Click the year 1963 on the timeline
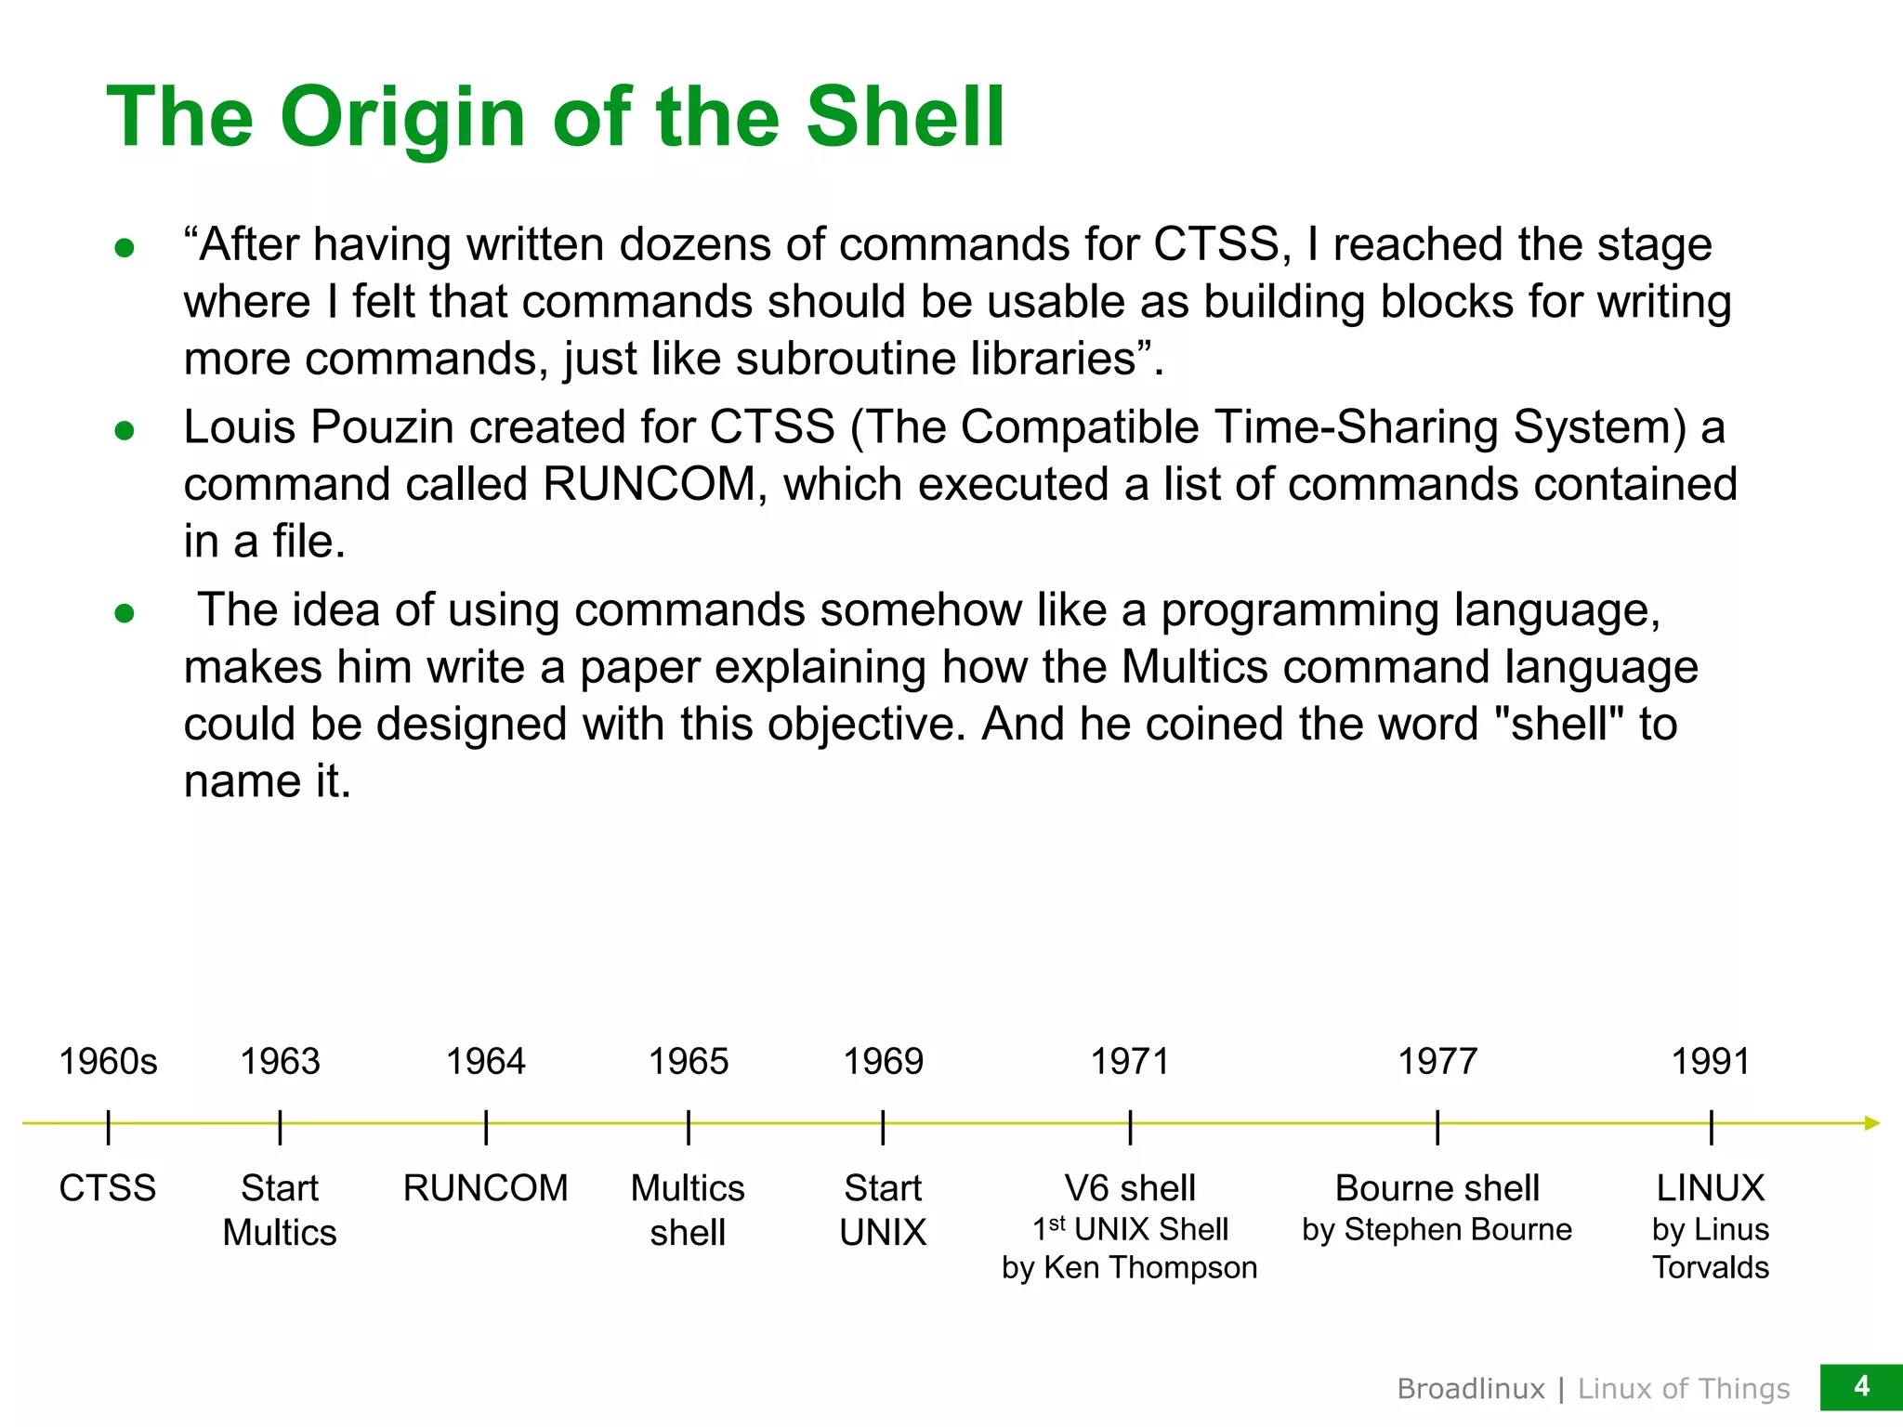point(280,1061)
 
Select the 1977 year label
point(1437,1061)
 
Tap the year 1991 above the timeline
point(1710,1061)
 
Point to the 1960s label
point(108,1061)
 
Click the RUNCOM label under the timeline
point(485,1188)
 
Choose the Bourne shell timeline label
point(1437,1188)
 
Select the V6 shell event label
point(1130,1188)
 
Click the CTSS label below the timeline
point(108,1188)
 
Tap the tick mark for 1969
point(883,1127)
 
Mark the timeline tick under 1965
point(688,1127)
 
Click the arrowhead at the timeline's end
point(1871,1123)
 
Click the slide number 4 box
point(1861,1387)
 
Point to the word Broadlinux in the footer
point(1471,1389)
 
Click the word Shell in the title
point(905,117)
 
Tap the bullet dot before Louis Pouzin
point(125,430)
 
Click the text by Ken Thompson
point(1129,1267)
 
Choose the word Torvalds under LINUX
point(1710,1267)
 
